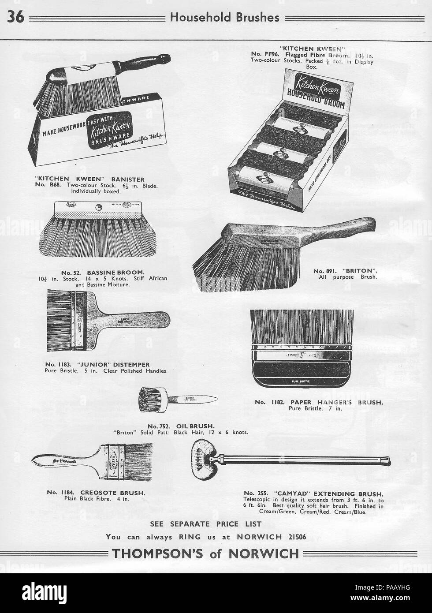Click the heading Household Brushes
[225, 17]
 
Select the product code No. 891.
[324, 270]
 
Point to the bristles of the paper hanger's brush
[302, 326]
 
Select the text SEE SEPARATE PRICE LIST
[206, 524]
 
